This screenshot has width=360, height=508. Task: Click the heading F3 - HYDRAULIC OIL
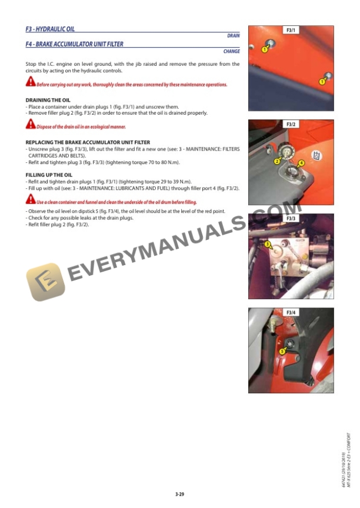(x=50, y=29)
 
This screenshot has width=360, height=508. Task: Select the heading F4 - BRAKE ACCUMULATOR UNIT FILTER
(x=75, y=44)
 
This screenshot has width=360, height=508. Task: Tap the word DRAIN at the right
(x=233, y=36)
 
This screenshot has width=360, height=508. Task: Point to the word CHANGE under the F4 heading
(x=231, y=51)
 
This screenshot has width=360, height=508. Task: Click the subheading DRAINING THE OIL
(x=48, y=100)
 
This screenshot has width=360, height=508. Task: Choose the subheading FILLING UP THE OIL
(x=49, y=175)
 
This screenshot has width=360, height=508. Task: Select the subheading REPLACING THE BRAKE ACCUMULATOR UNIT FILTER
(x=88, y=142)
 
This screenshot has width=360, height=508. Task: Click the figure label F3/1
(x=291, y=30)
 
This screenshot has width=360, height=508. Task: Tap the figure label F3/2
(x=291, y=125)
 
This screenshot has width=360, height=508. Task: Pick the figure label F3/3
(x=291, y=219)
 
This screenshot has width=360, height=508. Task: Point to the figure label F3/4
(x=291, y=313)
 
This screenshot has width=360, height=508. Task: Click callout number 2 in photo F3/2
(x=276, y=161)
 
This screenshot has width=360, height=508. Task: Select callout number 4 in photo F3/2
(x=301, y=163)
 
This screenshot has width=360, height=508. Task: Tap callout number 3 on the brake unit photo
(x=267, y=243)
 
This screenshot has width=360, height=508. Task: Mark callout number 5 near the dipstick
(x=282, y=351)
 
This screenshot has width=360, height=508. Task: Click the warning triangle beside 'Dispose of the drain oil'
(x=30, y=125)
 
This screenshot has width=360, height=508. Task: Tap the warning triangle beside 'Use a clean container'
(x=30, y=200)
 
